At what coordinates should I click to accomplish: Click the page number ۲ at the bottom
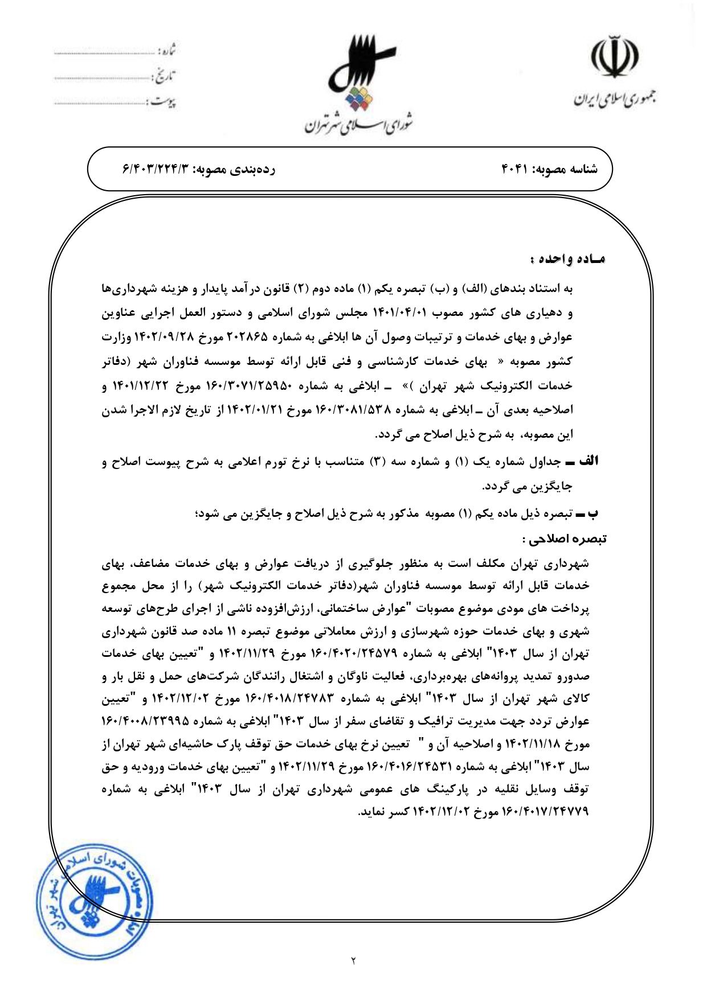coord(353,961)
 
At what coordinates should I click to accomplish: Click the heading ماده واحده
coord(567,259)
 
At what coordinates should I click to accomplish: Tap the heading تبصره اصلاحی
coord(564,538)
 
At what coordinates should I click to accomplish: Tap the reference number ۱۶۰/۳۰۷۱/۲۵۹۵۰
coord(259,386)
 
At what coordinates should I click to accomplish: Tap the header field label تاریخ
coord(165,76)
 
